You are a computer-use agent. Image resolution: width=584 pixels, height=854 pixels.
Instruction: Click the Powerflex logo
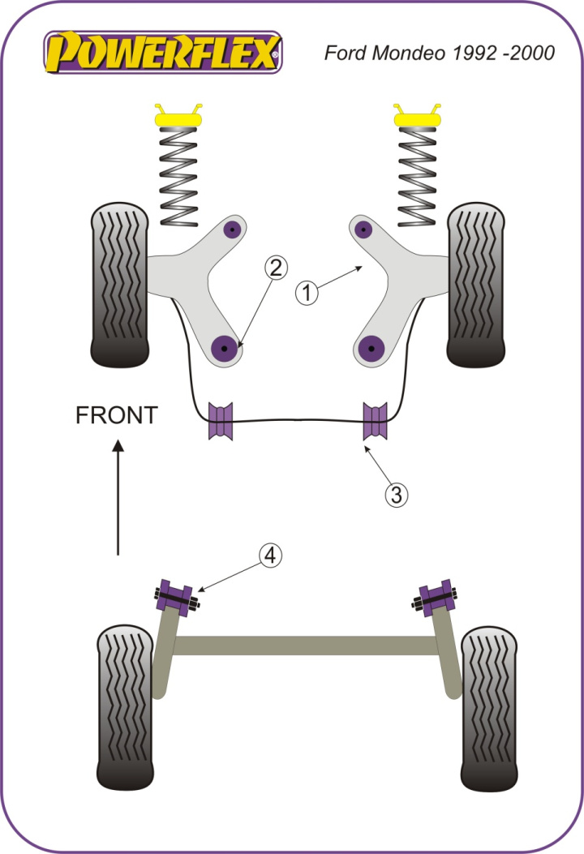tap(163, 53)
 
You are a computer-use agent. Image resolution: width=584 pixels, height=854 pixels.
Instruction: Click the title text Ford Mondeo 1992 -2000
tap(440, 54)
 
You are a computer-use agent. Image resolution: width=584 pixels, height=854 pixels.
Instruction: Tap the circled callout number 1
tap(307, 293)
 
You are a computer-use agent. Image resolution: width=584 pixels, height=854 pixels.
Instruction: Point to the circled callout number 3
tap(396, 494)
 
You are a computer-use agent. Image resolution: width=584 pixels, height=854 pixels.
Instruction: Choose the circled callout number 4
tap(270, 556)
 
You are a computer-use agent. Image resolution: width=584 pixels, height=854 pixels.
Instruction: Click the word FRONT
tap(115, 416)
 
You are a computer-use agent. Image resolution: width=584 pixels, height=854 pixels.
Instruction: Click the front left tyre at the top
tap(120, 284)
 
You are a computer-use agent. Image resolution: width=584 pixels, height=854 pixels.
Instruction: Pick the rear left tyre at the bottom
tap(125, 706)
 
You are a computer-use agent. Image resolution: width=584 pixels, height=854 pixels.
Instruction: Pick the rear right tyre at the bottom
tap(489, 706)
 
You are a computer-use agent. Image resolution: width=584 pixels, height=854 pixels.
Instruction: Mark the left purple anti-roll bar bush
tap(221, 421)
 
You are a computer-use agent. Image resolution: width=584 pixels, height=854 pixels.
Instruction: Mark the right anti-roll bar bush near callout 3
tap(375, 421)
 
